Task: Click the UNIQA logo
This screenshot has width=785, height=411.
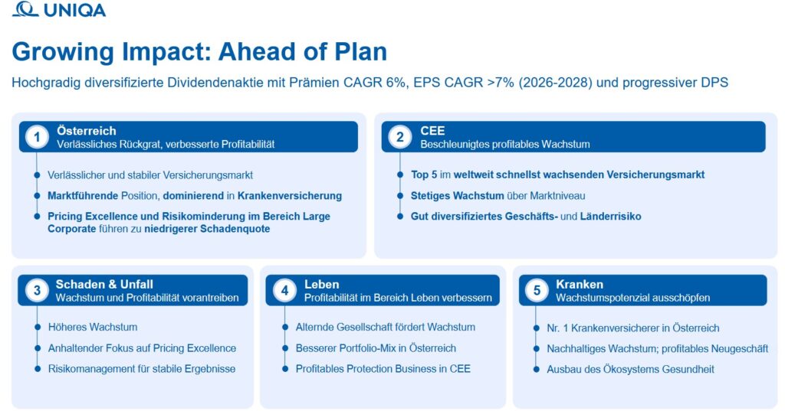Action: pos(59,9)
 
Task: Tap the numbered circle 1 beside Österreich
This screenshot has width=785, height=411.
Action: pos(37,136)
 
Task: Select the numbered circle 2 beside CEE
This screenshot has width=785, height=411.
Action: pos(400,136)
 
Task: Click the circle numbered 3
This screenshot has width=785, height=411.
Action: pos(37,290)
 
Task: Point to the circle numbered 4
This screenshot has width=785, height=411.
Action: pos(284,290)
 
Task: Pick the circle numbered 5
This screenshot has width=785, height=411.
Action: pos(537,290)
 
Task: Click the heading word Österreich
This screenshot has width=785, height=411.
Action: pos(86,131)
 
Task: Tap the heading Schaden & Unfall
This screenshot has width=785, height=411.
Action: pos(104,284)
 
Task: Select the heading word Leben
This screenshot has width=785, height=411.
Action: pos(321,284)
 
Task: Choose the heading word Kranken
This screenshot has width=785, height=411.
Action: pos(580,284)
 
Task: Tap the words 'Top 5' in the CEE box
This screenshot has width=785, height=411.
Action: pos(423,175)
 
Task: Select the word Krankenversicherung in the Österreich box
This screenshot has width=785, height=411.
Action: pos(289,195)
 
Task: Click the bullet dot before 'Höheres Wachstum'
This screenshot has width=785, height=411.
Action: pos(37,327)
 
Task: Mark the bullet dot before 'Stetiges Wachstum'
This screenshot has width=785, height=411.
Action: pos(400,195)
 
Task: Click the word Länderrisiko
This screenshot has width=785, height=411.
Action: pos(610,216)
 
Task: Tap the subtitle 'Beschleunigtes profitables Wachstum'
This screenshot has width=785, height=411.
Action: pos(504,145)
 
